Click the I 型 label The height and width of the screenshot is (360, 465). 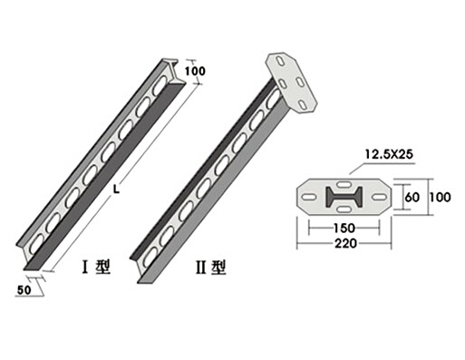[96, 268]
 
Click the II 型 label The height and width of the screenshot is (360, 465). [210, 268]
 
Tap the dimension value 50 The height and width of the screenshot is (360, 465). [24, 290]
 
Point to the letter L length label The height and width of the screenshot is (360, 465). [116, 190]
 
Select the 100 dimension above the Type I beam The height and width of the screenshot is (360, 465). [195, 72]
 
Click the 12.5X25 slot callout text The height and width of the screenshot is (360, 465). [389, 154]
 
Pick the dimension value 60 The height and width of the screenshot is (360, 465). [412, 198]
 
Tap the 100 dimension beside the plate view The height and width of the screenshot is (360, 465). [441, 198]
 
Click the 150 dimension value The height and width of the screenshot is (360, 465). [344, 228]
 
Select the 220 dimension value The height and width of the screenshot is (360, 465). [345, 243]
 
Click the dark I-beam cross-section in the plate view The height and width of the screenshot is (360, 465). [344, 197]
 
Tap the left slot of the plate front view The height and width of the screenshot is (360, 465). [309, 197]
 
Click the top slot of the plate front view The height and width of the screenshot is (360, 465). [344, 184]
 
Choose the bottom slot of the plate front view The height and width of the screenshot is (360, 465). [344, 209]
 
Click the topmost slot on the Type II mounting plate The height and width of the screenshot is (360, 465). [281, 61]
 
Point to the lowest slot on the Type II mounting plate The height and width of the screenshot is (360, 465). [302, 104]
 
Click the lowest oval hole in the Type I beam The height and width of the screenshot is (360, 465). [36, 242]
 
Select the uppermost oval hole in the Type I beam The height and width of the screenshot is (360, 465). [160, 84]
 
